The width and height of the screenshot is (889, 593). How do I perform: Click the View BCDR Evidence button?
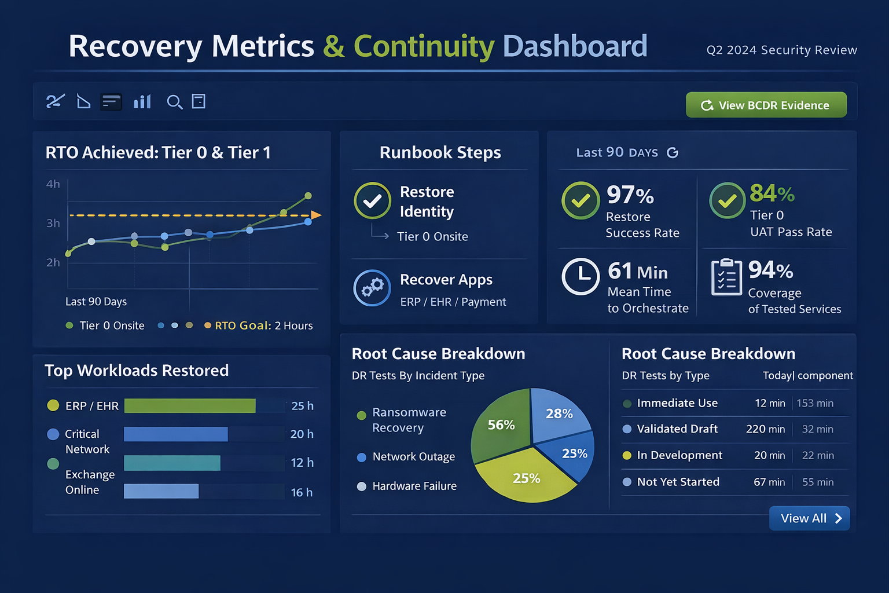(x=766, y=105)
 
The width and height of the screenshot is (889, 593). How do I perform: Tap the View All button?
(x=809, y=518)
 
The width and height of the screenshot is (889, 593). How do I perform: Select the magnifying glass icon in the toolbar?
(x=174, y=103)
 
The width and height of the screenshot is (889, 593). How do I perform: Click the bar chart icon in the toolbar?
(x=142, y=102)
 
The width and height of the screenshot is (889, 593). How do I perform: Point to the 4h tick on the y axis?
(x=53, y=184)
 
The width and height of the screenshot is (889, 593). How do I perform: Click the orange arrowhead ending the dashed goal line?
(x=316, y=215)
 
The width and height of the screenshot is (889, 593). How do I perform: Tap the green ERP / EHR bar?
(x=190, y=406)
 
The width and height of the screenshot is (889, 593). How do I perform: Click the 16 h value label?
(x=302, y=492)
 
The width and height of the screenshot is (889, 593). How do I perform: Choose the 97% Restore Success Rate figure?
(x=630, y=195)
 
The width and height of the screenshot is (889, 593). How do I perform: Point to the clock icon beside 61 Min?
(x=581, y=277)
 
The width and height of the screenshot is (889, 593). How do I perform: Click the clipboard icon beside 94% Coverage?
(x=726, y=277)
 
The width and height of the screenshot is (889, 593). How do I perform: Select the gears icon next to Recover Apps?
(x=372, y=288)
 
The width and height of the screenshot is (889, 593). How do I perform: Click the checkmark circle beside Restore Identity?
(x=373, y=201)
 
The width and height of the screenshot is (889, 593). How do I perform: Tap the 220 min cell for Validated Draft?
(x=765, y=429)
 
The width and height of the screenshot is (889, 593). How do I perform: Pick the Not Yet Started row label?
(x=678, y=482)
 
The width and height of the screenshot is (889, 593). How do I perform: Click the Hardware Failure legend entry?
(x=414, y=486)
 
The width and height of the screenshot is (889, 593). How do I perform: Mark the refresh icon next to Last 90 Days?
(x=673, y=153)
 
